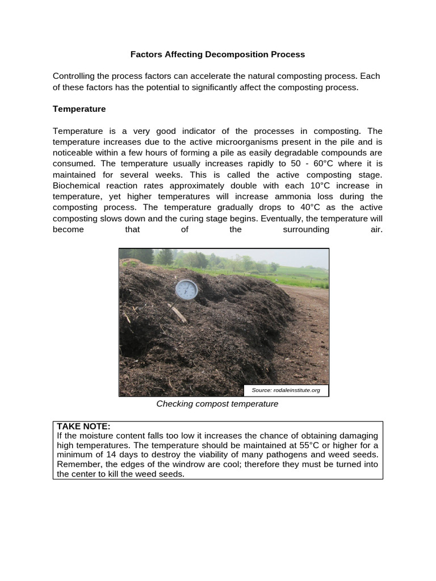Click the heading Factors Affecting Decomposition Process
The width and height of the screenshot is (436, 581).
[x=217, y=54]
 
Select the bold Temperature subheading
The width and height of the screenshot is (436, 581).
[x=79, y=108]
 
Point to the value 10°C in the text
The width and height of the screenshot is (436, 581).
[x=315, y=186]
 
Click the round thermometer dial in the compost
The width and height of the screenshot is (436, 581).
[x=186, y=289]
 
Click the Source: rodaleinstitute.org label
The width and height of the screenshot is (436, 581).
[x=286, y=390]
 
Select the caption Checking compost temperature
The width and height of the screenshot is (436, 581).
[x=217, y=404]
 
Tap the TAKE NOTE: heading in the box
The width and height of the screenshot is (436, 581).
[x=83, y=427]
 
